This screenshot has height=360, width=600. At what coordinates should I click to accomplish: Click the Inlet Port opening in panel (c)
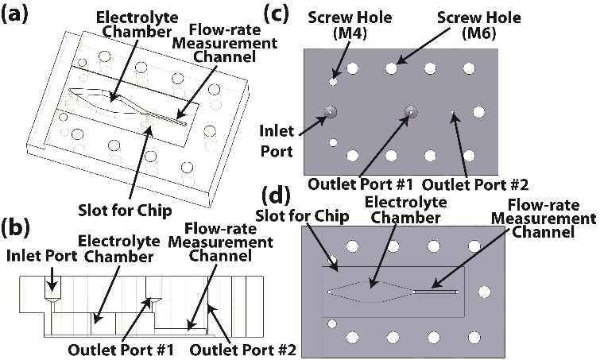[329, 112]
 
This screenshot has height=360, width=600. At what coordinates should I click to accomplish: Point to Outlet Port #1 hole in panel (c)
[411, 112]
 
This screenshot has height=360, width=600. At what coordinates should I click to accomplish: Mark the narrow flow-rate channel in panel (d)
[437, 292]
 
